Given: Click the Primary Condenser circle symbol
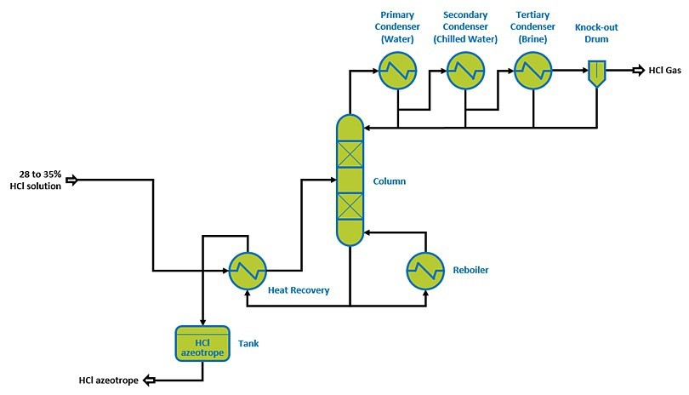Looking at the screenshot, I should [397, 70].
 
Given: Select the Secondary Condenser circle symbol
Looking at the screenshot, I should [465, 70].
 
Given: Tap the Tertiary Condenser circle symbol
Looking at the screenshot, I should [533, 70].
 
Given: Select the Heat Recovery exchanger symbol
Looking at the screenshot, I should [246, 271].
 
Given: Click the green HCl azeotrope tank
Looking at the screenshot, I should [202, 341].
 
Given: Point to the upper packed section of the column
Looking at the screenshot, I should [350, 154].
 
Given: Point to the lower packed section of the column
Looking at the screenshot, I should [350, 206].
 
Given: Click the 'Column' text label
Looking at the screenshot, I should [390, 181].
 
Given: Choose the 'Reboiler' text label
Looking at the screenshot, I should [471, 271].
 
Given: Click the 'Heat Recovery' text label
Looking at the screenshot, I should [299, 291].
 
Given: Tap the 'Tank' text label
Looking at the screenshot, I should [248, 344].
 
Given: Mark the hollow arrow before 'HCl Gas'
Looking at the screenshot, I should [636, 71].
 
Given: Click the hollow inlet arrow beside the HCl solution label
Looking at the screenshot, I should [72, 180].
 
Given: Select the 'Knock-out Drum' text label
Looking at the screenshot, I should [597, 32].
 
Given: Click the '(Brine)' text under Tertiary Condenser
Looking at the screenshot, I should [533, 39].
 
